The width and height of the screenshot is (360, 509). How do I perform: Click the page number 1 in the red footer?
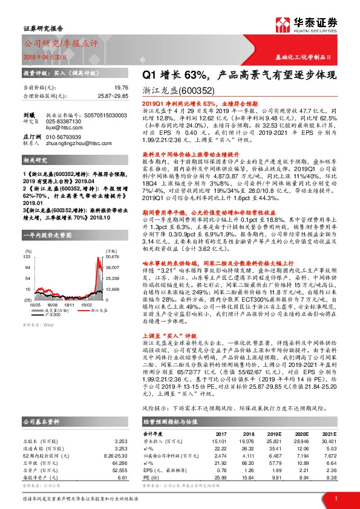click(336, 498)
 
